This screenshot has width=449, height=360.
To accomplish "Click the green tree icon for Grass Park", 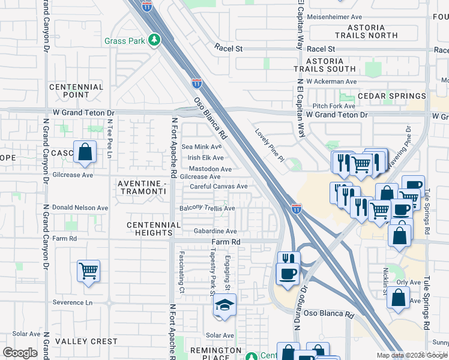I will (155, 40).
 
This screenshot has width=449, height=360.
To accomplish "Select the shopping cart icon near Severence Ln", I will (88, 271).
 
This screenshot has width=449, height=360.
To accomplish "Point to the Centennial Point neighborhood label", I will (77, 91).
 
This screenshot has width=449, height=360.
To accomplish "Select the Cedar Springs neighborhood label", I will (391, 96).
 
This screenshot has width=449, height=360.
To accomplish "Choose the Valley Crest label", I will (86, 341).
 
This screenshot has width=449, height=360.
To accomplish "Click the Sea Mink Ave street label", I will (202, 146).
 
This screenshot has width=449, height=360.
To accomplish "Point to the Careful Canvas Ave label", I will (218, 187).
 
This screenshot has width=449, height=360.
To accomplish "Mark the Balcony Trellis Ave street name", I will (207, 208).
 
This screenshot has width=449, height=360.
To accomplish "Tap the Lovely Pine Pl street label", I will (268, 145).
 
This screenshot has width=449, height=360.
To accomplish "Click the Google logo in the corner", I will (20, 353).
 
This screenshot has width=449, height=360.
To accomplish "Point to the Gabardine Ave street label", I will (215, 231).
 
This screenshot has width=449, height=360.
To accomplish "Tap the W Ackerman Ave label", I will (331, 82).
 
